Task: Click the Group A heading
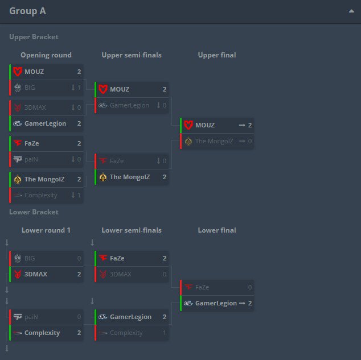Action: pyautogui.click(x=27, y=11)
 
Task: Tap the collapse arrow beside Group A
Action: pyautogui.click(x=351, y=11)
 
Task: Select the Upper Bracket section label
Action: pyautogui.click(x=34, y=37)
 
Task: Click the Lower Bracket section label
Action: pyautogui.click(x=34, y=212)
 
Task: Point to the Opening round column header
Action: pyautogui.click(x=46, y=55)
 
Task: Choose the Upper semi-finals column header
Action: pyautogui.click(x=132, y=55)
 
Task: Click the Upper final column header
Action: pyautogui.click(x=217, y=55)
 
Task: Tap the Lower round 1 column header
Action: pyautogui.click(x=46, y=230)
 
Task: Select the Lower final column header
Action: pyautogui.click(x=217, y=230)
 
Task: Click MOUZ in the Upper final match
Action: pyautogui.click(x=205, y=125)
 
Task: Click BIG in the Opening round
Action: pyautogui.click(x=30, y=88)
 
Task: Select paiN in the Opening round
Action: pyautogui.click(x=31, y=159)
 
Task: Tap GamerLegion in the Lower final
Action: pyautogui.click(x=216, y=303)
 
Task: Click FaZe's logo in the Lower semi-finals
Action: pyautogui.click(x=103, y=258)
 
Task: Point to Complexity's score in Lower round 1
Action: pyautogui.click(x=79, y=333)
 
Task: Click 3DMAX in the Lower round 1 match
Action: pyautogui.click(x=36, y=274)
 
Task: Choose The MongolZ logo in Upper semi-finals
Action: pyautogui.click(x=103, y=177)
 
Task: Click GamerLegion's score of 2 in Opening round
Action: pyautogui.click(x=79, y=123)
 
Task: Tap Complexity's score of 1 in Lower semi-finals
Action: pyautogui.click(x=165, y=333)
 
